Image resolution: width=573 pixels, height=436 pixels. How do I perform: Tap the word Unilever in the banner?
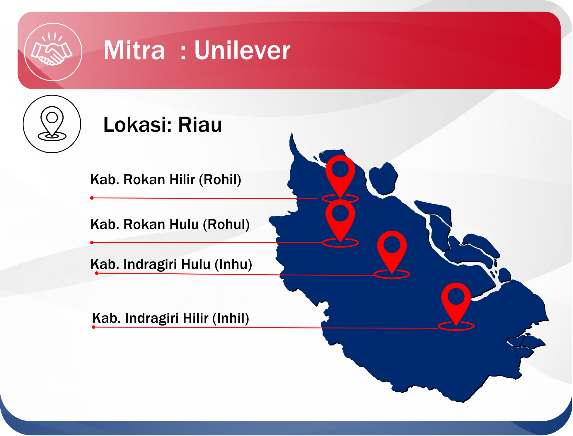point(242,50)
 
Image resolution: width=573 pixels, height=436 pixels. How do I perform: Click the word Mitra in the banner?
point(134,50)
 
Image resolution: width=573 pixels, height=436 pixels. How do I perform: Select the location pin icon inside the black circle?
point(52,123)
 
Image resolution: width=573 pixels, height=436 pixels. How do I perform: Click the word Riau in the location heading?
point(200,125)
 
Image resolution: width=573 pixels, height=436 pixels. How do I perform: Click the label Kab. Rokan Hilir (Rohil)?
point(166,180)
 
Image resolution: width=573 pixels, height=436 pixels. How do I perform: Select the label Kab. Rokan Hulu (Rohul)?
point(170,224)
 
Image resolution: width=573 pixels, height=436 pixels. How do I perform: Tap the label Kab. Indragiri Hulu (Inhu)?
point(171,264)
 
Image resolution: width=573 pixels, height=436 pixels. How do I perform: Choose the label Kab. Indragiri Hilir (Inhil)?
point(170,318)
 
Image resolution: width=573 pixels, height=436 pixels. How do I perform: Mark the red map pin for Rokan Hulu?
point(340,223)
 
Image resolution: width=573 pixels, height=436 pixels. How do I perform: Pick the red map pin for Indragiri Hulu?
point(392,254)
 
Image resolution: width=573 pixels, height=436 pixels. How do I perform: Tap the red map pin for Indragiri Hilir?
point(456,306)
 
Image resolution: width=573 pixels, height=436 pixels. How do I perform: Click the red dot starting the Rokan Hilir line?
point(92,198)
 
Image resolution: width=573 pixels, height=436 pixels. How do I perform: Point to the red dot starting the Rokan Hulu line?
point(92,243)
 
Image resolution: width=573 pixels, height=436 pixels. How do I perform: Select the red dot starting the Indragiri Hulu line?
point(97,273)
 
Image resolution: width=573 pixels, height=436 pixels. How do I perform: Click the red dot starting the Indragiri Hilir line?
point(93,327)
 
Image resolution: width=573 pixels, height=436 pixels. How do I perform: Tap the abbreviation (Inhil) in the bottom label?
point(231,318)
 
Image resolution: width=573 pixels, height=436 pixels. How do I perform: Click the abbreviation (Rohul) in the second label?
point(226,224)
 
